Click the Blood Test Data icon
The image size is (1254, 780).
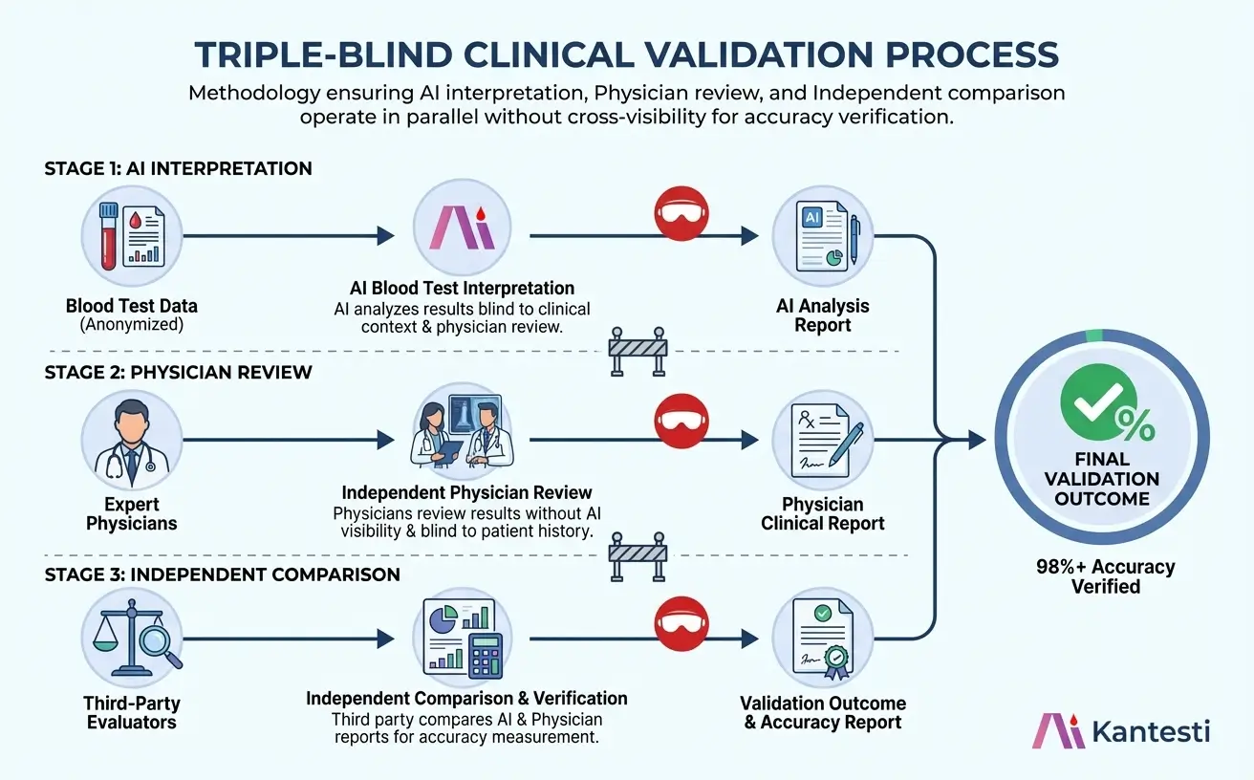[131, 235]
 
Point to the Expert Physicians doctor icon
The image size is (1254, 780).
[131, 440]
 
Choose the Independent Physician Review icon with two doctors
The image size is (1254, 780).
[463, 440]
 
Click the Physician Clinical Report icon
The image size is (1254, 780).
[821, 440]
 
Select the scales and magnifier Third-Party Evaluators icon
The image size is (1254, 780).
[131, 639]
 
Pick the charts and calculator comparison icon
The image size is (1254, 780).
[463, 639]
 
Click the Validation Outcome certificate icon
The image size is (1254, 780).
[821, 639]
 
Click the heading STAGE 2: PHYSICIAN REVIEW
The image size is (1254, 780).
[178, 372]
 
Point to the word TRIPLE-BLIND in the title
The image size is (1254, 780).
[309, 54]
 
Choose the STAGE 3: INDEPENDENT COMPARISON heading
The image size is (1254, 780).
[222, 574]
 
